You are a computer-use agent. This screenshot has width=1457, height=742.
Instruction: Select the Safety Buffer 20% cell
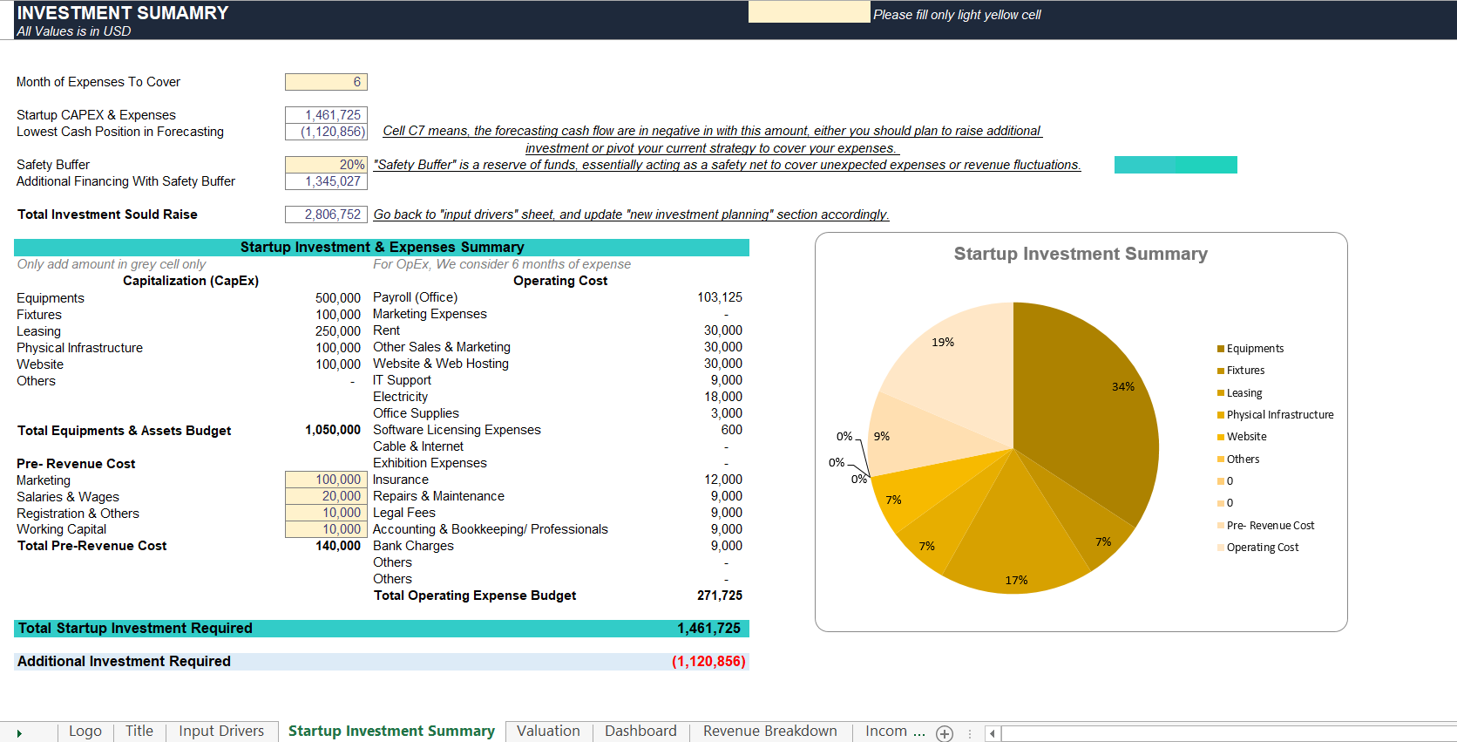(326, 165)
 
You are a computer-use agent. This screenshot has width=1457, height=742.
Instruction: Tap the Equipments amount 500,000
(337, 298)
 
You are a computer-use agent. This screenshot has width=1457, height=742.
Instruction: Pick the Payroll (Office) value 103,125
(720, 297)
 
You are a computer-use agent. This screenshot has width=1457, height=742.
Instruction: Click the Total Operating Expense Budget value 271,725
(720, 596)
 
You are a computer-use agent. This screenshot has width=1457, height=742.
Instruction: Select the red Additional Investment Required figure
(708, 661)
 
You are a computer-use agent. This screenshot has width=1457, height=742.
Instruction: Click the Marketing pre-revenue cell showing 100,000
(326, 480)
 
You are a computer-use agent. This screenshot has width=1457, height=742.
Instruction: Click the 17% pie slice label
(1016, 580)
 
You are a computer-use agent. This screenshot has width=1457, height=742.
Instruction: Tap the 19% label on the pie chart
(943, 343)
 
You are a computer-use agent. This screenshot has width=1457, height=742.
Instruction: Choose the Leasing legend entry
(1240, 393)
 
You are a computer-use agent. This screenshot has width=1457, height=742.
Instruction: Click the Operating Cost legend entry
(1258, 548)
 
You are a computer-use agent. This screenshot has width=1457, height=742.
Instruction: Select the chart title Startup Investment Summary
(1081, 254)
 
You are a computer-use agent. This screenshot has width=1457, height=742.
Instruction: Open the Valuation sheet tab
(548, 731)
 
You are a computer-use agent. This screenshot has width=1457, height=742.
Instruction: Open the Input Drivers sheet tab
(221, 731)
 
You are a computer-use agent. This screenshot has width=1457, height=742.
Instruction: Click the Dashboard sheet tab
(640, 731)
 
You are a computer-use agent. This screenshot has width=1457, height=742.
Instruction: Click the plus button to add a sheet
(945, 733)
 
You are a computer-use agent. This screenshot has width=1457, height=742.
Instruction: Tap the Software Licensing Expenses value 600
(731, 430)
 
